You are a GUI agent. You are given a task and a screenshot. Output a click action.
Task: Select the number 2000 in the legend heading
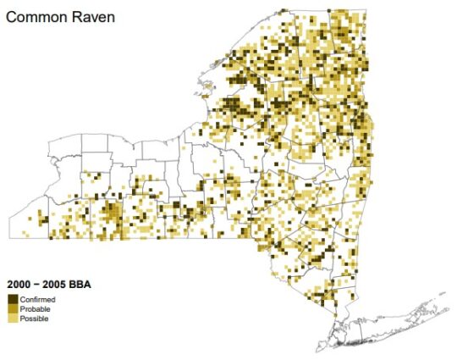click(19, 285)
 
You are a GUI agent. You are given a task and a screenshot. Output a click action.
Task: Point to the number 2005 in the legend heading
click(57, 285)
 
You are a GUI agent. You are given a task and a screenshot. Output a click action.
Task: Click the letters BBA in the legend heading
click(82, 285)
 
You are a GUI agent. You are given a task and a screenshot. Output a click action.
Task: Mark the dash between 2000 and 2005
click(38, 285)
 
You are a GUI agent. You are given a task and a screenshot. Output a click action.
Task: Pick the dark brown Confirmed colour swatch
click(13, 299)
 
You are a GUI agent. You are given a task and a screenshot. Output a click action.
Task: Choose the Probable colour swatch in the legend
click(13, 309)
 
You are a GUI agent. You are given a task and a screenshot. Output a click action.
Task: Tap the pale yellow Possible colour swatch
click(13, 319)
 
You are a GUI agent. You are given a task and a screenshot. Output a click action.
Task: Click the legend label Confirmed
click(37, 300)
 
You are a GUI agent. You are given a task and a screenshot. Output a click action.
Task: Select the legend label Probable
click(35, 309)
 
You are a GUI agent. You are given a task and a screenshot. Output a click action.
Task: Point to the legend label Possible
click(34, 319)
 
